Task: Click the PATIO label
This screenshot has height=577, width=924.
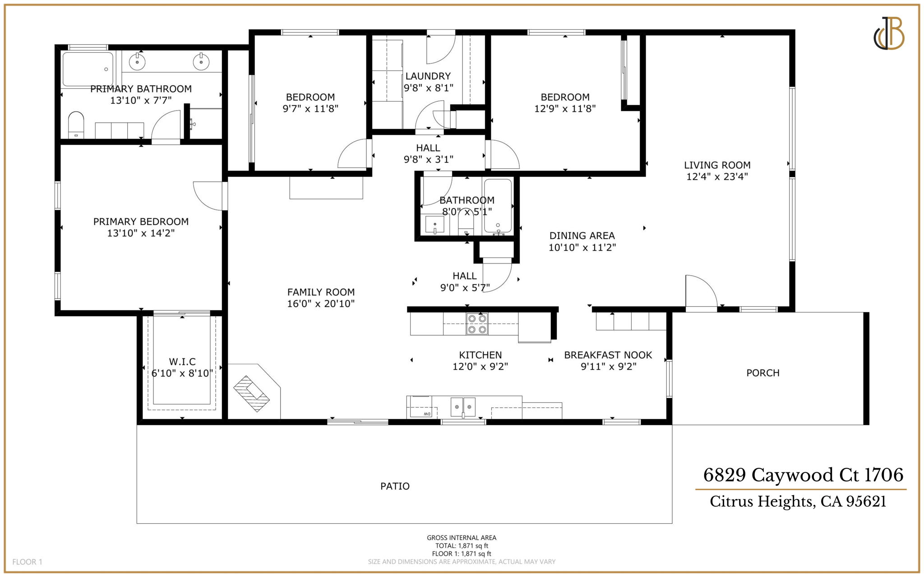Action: (x=395, y=486)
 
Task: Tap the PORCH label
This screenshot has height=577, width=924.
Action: (x=762, y=373)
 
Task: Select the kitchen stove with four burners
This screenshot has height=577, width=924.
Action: (x=477, y=324)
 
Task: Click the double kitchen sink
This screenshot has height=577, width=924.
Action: (x=463, y=406)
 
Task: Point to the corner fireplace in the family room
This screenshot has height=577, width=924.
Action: (x=251, y=393)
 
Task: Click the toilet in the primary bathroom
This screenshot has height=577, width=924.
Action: (x=76, y=124)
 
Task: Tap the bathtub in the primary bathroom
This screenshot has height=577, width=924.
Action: (x=88, y=69)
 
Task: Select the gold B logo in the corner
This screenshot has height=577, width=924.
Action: (x=889, y=33)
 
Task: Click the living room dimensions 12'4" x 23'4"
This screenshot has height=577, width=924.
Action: (x=717, y=177)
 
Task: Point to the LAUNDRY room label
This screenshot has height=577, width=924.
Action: (x=428, y=76)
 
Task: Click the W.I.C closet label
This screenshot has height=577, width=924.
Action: (x=182, y=361)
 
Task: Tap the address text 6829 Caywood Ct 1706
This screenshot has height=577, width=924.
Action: (x=803, y=475)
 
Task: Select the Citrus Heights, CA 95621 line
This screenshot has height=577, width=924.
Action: (x=798, y=501)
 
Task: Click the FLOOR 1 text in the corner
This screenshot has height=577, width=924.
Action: (x=27, y=562)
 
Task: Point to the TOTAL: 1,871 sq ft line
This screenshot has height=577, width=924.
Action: (x=462, y=545)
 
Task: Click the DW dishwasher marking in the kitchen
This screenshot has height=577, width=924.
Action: (x=426, y=414)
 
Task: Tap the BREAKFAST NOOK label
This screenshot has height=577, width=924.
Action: (x=608, y=355)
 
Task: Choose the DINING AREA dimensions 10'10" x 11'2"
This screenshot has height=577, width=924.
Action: (x=582, y=247)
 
